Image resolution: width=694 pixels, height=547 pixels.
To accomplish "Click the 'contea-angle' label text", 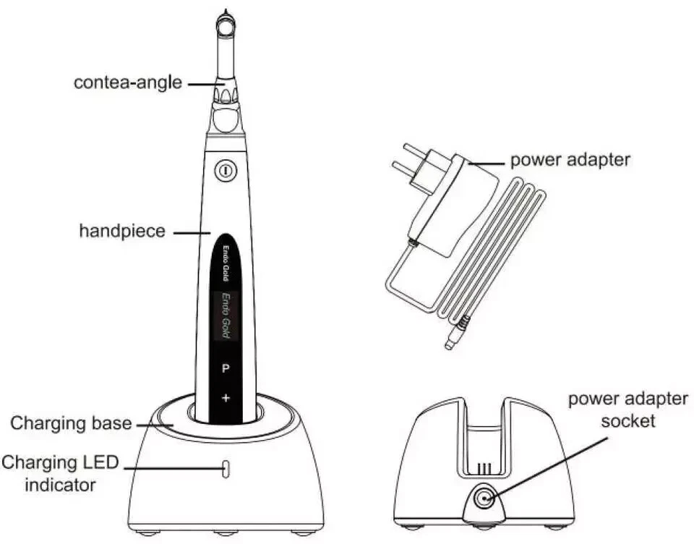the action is (x=128, y=82).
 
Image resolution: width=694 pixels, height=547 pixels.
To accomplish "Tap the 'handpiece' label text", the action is (x=122, y=231).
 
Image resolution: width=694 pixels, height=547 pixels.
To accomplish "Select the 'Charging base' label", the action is (x=71, y=423).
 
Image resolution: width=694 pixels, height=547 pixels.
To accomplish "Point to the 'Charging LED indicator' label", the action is (x=60, y=473).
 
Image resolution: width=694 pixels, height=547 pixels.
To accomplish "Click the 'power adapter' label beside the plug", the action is (x=570, y=160).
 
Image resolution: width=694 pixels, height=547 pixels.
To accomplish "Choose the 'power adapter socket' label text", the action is (x=628, y=410).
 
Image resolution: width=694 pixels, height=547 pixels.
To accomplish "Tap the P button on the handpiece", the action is (x=226, y=368).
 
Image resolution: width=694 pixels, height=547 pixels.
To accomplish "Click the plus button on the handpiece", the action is (x=226, y=398).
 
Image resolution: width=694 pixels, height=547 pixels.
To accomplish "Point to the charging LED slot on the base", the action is (x=226, y=470).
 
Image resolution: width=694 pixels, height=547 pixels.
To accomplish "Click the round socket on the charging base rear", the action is (x=484, y=499).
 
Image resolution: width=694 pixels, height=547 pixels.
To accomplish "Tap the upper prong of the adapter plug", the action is (x=416, y=150).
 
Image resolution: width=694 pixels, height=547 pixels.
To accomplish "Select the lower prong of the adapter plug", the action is (x=406, y=169).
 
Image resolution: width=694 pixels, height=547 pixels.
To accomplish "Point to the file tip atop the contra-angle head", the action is (x=226, y=12).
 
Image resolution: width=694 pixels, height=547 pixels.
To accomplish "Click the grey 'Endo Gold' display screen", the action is (x=226, y=315).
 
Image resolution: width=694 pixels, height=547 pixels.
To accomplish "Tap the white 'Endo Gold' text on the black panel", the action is (x=226, y=263).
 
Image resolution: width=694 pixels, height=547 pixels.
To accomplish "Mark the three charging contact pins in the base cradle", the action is (x=484, y=468).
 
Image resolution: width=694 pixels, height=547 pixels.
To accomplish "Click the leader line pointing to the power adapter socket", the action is (x=547, y=468).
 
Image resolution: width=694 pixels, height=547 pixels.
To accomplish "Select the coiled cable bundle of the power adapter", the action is (x=492, y=248).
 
